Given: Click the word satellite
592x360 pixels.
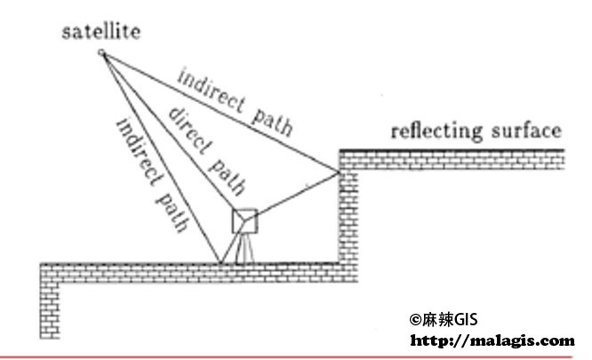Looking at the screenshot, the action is coord(101,31).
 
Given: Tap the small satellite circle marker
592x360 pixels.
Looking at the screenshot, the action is coord(101,52).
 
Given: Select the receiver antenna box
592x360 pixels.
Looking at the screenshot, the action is coord(245,220).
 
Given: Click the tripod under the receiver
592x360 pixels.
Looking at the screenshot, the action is coord(244,248).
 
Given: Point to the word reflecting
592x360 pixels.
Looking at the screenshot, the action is coord(436,132).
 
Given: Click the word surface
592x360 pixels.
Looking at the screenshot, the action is coord(527,130).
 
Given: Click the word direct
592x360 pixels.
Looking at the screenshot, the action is coord(189,131).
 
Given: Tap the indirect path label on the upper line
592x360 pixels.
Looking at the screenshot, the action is coord(236,101).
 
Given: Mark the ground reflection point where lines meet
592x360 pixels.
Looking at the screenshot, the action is coord(220,262).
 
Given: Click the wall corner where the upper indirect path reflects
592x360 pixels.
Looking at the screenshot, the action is coord(339,172).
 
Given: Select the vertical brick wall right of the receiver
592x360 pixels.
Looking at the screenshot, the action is coord(348,216).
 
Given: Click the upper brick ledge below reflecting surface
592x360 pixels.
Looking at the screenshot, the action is coord(452,160).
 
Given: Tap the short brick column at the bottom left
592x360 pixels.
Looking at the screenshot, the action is coord(50,310).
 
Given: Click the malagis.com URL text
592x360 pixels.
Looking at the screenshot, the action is coord(492,340).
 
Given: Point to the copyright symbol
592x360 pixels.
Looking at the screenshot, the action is coord(415,320).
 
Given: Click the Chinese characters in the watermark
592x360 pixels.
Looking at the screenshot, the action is coord(437,320).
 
